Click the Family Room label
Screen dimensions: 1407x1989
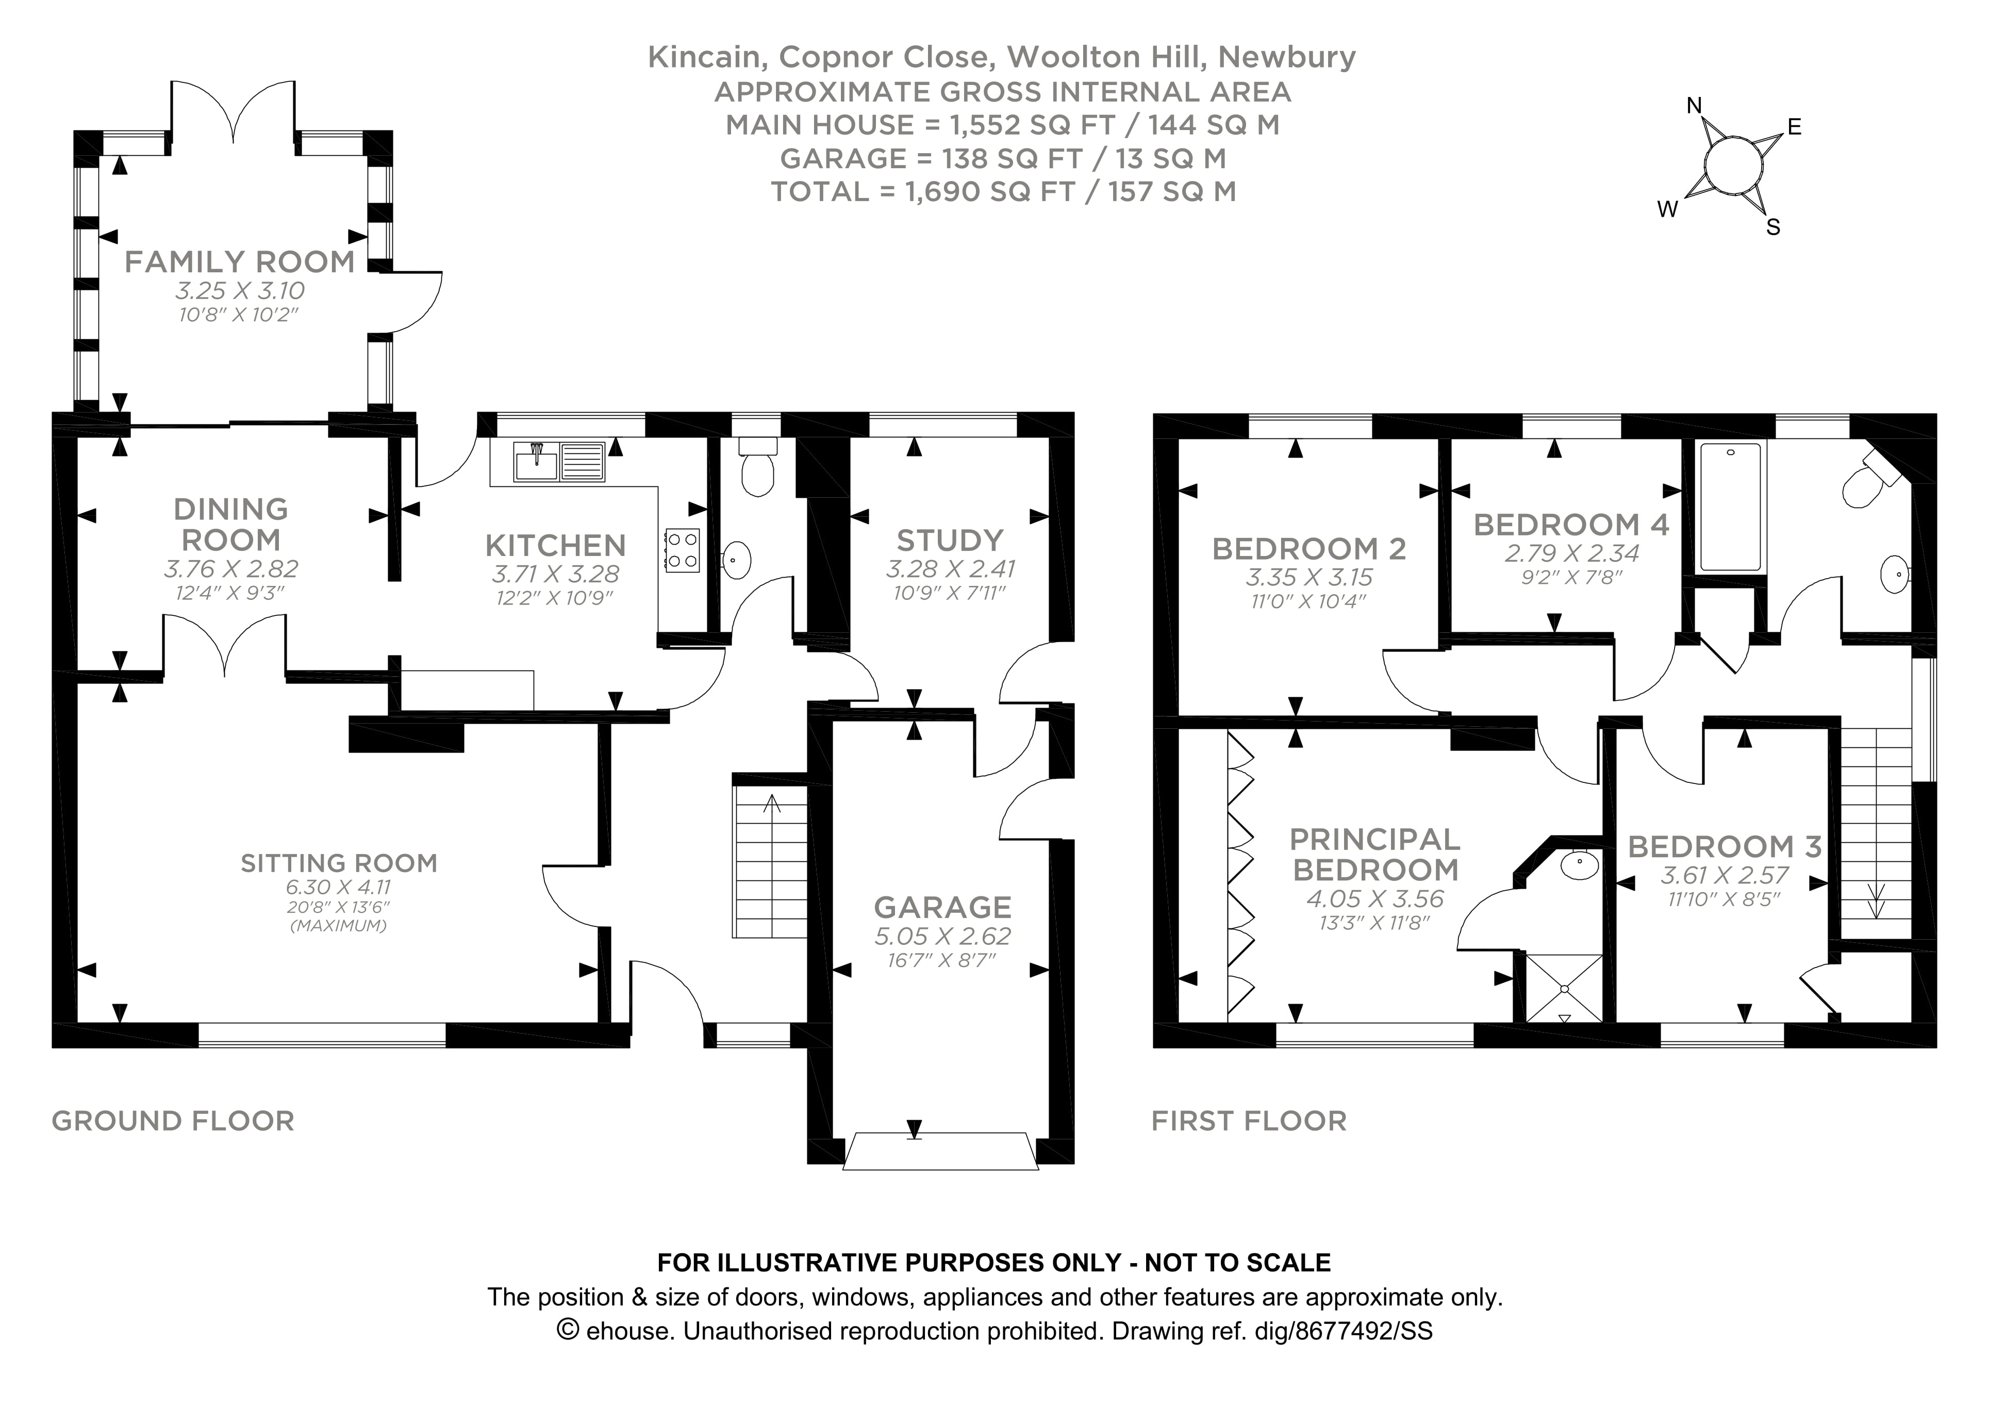(240, 261)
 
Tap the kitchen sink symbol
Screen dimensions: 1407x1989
(559, 462)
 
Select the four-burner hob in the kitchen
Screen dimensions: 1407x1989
(682, 550)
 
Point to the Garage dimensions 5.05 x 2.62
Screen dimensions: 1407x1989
(942, 937)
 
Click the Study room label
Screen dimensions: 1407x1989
(950, 541)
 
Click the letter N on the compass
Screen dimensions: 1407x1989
(1695, 106)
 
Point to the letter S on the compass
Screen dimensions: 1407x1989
(1773, 228)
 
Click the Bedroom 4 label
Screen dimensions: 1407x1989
(1570, 525)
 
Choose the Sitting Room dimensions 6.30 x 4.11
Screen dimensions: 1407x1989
(339, 887)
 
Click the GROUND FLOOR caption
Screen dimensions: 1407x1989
(173, 1121)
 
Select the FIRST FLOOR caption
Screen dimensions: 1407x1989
(1248, 1121)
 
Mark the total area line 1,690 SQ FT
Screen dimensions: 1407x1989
(1003, 191)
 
